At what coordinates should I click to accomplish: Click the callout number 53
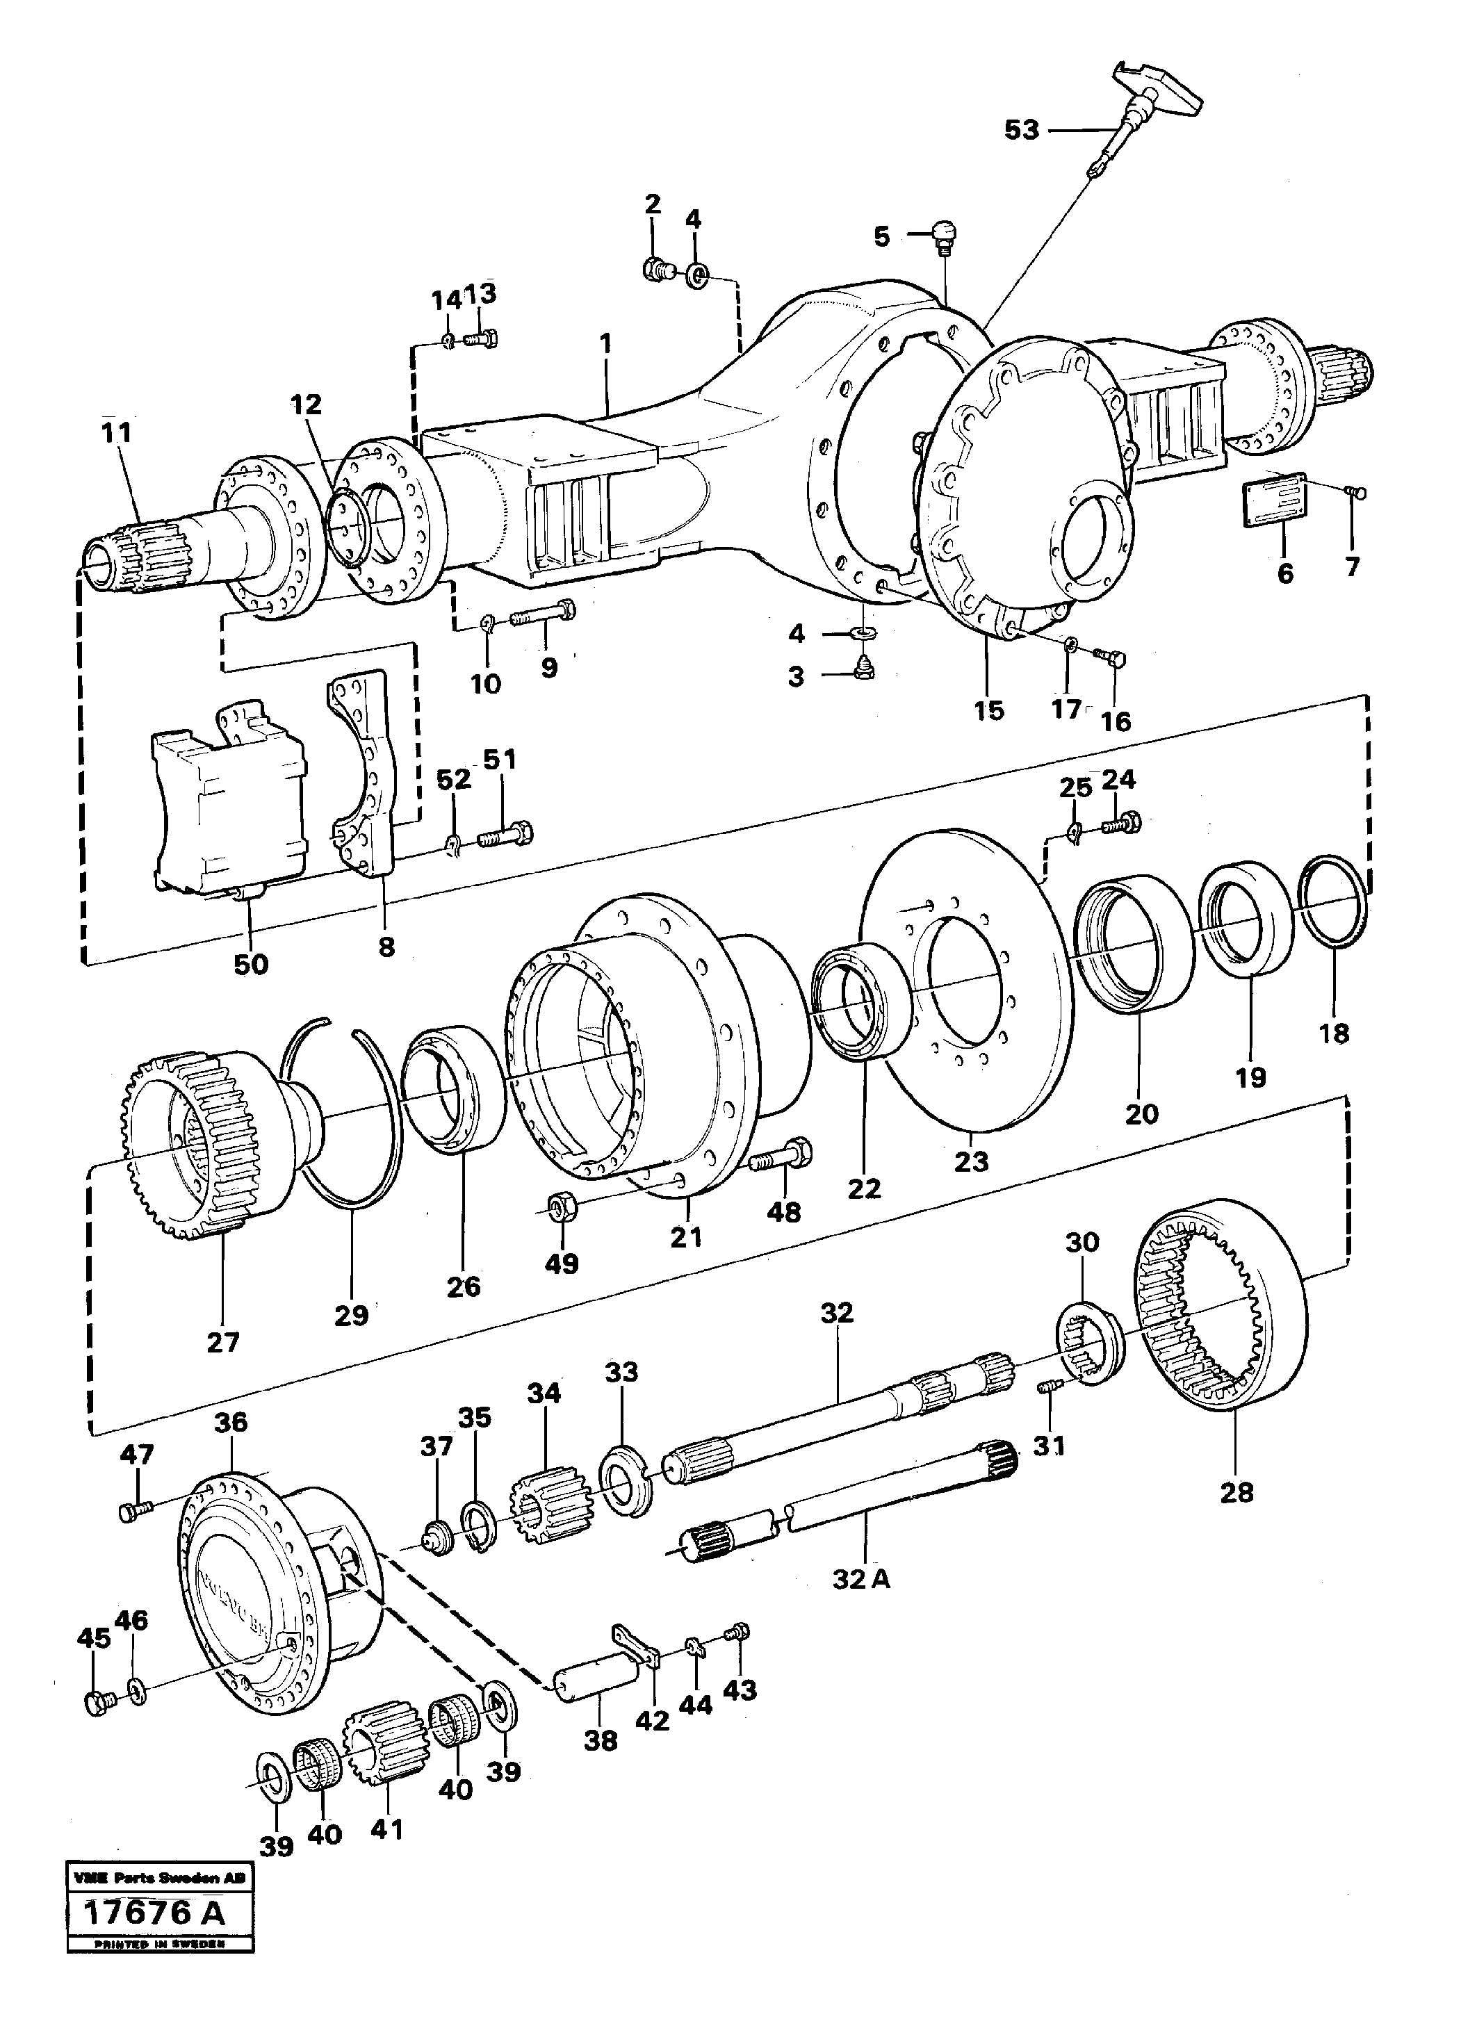point(1021,131)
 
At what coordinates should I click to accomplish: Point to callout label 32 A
point(861,1579)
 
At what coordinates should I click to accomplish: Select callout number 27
point(222,1341)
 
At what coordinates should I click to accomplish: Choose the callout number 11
point(117,433)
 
